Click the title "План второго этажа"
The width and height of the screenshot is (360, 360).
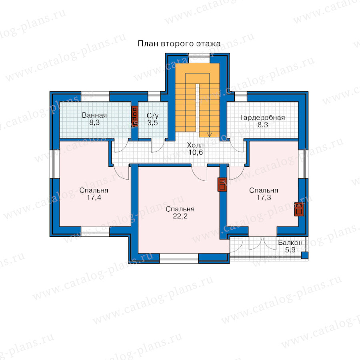pyautogui.click(x=179, y=44)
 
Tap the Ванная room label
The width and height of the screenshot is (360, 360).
pyautogui.click(x=94, y=115)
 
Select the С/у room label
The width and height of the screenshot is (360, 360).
pyautogui.click(x=153, y=116)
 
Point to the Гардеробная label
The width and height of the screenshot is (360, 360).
pyautogui.click(x=263, y=118)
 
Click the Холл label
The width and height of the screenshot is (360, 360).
pyautogui.click(x=195, y=145)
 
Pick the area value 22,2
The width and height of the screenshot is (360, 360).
pyautogui.click(x=180, y=216)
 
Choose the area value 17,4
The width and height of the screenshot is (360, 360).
pyautogui.click(x=94, y=197)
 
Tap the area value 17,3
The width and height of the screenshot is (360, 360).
pyautogui.click(x=264, y=197)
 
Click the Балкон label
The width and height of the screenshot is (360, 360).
pyautogui.click(x=290, y=243)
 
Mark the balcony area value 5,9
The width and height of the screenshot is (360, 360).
pyautogui.click(x=290, y=250)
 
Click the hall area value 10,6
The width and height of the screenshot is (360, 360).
pyautogui.click(x=196, y=152)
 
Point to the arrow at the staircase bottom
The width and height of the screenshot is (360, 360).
pyautogui.click(x=209, y=134)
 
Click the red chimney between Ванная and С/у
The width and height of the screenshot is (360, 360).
pyautogui.click(x=134, y=116)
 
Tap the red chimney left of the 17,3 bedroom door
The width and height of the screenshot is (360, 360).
pyautogui.click(x=222, y=184)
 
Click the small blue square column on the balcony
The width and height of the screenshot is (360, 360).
pyautogui.click(x=305, y=255)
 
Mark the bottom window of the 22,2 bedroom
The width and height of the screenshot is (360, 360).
pyautogui.click(x=179, y=258)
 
